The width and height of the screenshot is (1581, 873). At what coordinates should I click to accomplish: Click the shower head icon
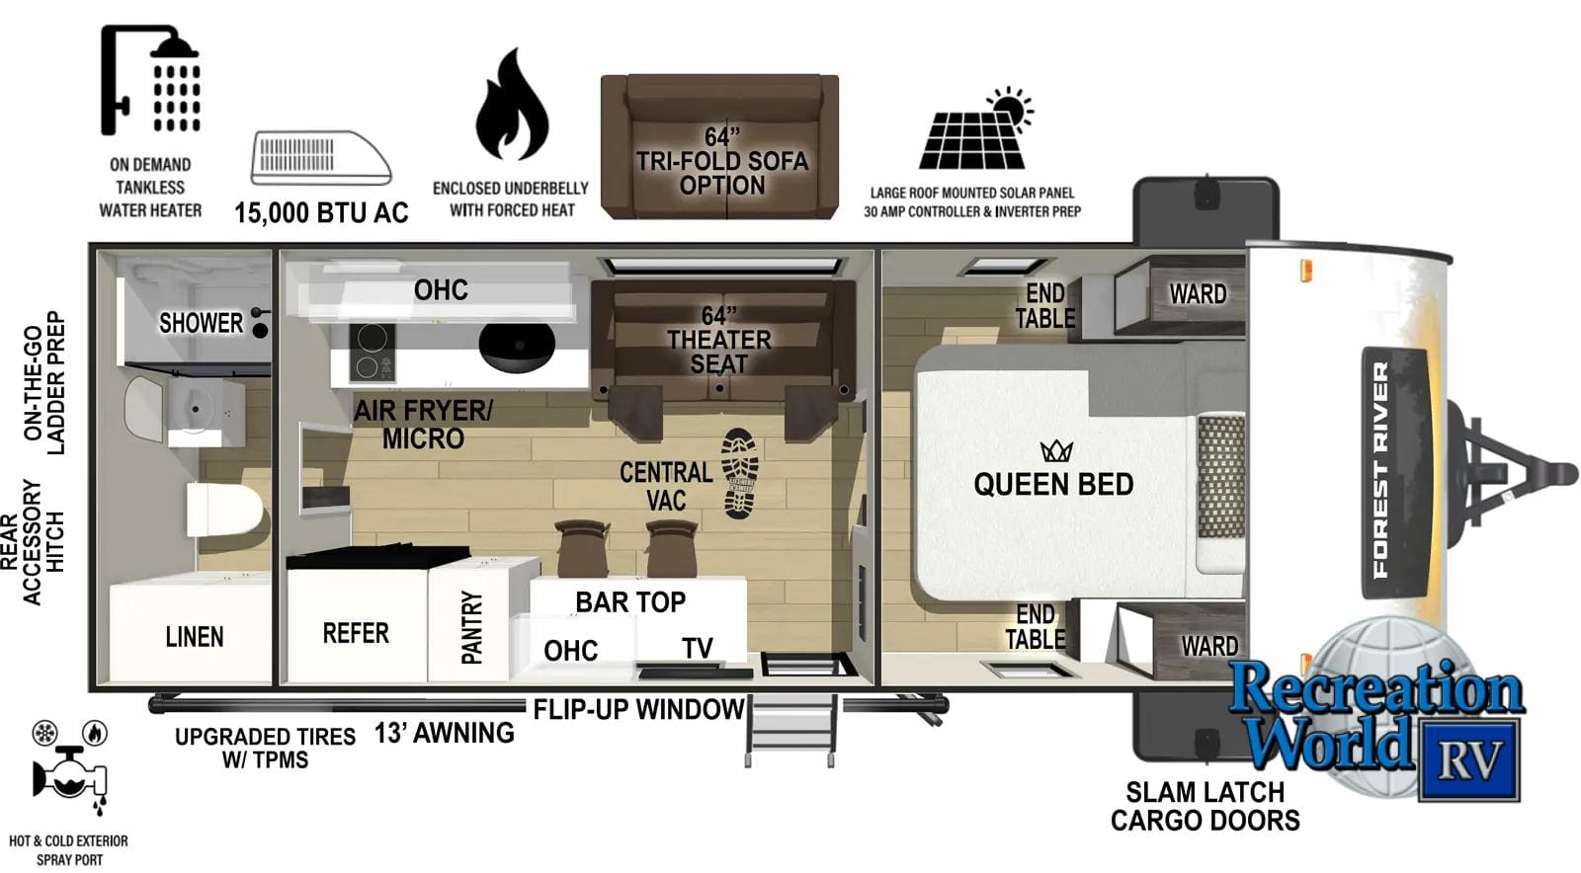pyautogui.click(x=149, y=80)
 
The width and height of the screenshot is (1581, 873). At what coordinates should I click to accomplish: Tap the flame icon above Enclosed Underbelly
pyautogui.click(x=512, y=105)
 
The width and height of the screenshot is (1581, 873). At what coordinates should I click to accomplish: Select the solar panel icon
pyautogui.click(x=976, y=129)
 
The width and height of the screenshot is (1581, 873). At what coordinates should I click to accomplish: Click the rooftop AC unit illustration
pyautogui.click(x=321, y=157)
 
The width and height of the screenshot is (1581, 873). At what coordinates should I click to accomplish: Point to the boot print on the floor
pyautogui.click(x=740, y=473)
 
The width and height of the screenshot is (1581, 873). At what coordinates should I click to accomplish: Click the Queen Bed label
pyautogui.click(x=1053, y=485)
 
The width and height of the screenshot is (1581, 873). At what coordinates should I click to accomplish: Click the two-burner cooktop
pyautogui.click(x=372, y=352)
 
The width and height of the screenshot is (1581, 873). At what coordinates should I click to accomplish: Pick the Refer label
pyautogui.click(x=356, y=633)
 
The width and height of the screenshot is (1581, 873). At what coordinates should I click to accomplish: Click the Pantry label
pyautogui.click(x=471, y=628)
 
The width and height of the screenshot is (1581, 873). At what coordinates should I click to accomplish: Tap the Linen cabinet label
pyautogui.click(x=195, y=637)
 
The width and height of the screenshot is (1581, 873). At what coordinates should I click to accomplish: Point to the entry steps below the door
pyautogui.click(x=791, y=731)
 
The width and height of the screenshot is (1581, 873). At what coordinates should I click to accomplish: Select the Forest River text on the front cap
pyautogui.click(x=1381, y=470)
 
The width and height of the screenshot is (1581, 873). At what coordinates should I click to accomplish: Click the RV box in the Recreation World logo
pyautogui.click(x=1469, y=760)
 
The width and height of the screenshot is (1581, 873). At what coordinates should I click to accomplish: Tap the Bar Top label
pyautogui.click(x=630, y=602)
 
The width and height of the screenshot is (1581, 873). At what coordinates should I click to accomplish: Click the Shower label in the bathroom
pyautogui.click(x=201, y=323)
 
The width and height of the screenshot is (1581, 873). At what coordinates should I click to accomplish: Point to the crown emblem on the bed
pyautogui.click(x=1056, y=451)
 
